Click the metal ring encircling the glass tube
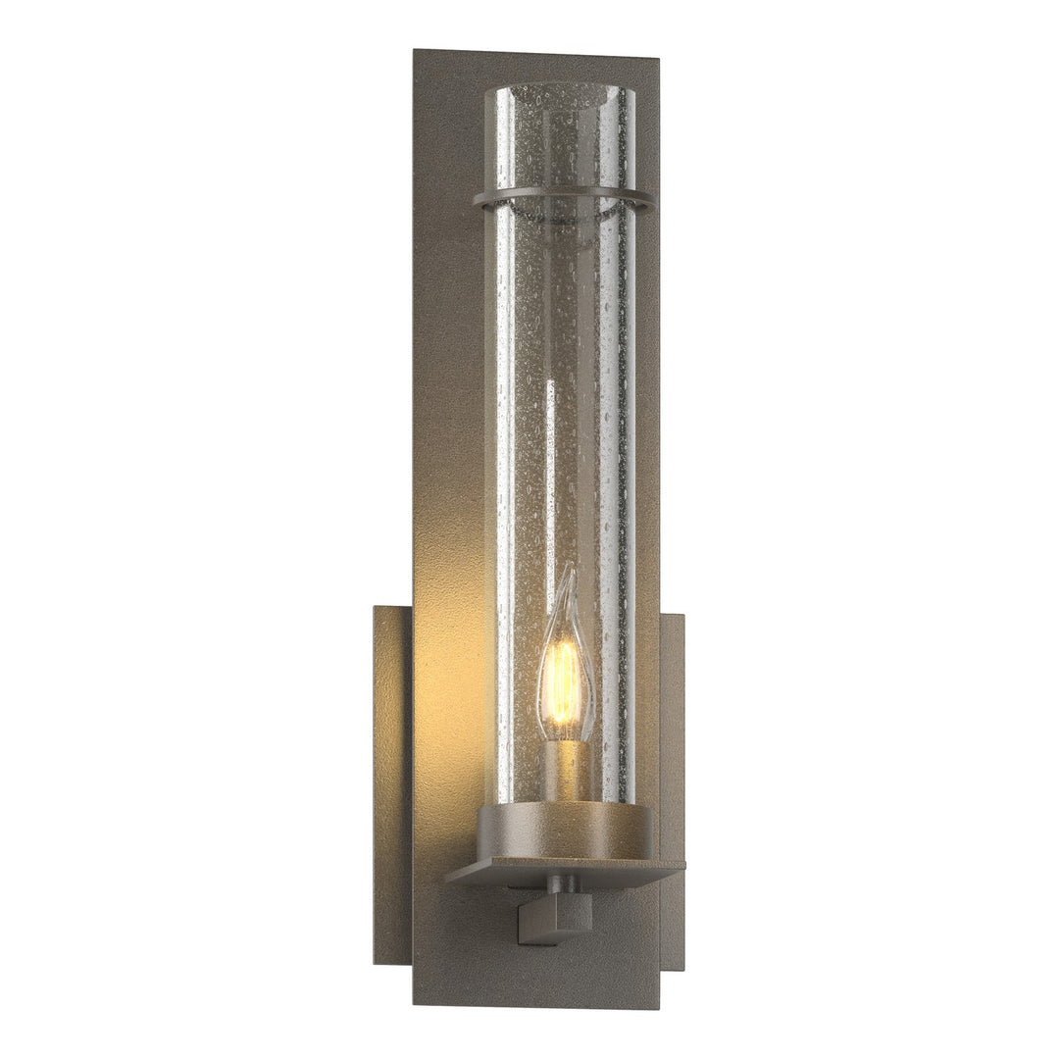tap(564, 201)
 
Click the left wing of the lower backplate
tap(393, 784)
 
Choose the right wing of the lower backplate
tap(672, 784)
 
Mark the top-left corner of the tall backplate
tap(416, 51)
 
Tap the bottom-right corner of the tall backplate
tap(658, 1006)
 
